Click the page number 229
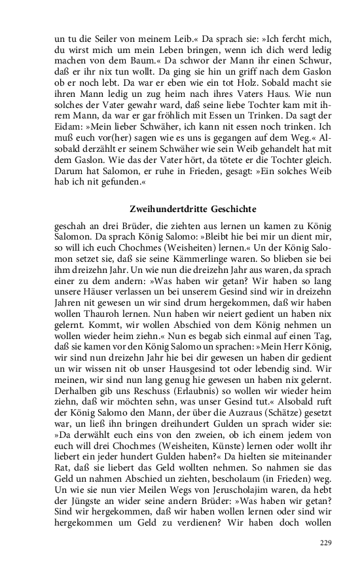click(x=325, y=543)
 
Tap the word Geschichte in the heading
click(x=231, y=209)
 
